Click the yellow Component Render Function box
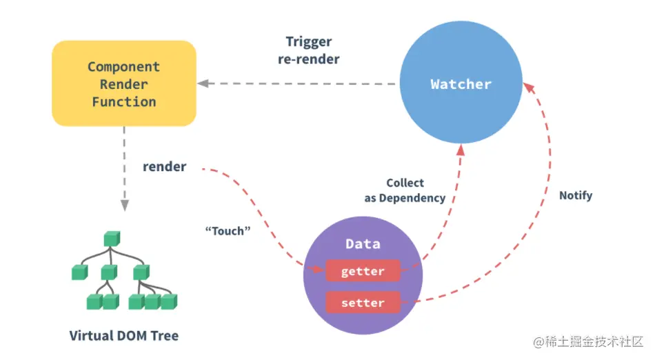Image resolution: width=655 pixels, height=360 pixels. [x=124, y=83]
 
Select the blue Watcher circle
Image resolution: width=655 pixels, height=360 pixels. [x=461, y=84]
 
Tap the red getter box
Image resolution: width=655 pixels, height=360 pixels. [x=363, y=271]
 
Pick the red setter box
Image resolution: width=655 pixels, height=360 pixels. [x=363, y=302]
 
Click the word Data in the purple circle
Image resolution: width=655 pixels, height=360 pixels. [x=363, y=244]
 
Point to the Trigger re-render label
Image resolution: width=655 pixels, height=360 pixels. [x=308, y=50]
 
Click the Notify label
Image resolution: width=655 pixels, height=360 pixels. [x=576, y=195]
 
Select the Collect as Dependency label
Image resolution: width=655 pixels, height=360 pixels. [x=405, y=190]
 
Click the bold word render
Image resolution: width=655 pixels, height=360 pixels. [x=164, y=166]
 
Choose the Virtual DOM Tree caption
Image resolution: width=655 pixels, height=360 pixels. [x=124, y=336]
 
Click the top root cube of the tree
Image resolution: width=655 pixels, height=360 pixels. [x=110, y=239]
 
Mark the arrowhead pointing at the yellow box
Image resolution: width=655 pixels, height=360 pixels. [x=203, y=83]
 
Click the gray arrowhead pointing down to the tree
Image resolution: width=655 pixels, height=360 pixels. [x=125, y=205]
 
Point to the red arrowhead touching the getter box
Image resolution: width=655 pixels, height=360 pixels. [x=319, y=270]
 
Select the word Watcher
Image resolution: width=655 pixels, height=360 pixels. [x=461, y=84]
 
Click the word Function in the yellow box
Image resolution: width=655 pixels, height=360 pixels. [x=124, y=101]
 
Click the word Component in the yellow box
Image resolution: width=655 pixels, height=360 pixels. [x=124, y=67]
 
